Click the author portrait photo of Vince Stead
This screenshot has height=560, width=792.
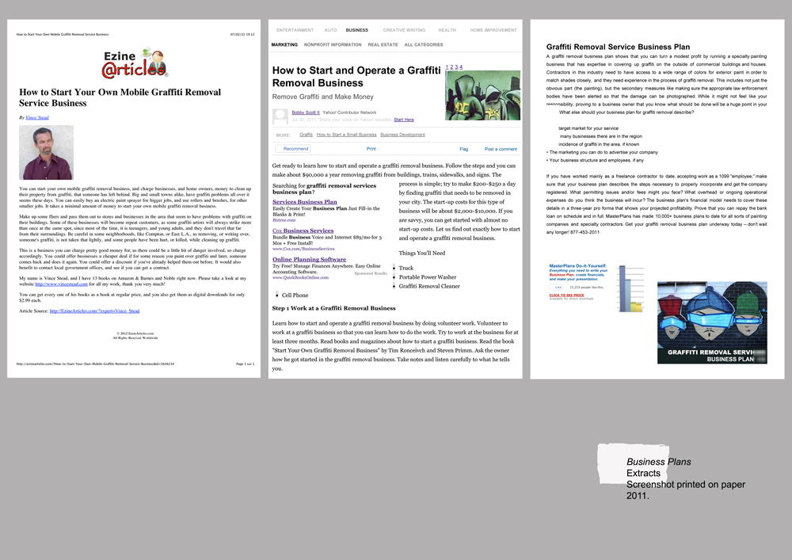point(46,152)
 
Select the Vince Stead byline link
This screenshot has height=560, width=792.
point(36,116)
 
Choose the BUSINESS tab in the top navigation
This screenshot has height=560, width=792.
point(356,30)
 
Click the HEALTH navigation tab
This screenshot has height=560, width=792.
point(447,30)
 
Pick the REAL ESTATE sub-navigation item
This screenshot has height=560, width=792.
point(383,45)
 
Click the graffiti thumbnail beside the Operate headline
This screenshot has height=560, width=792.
point(482,95)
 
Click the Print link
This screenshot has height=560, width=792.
point(371,149)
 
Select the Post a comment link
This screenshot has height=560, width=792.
point(501,149)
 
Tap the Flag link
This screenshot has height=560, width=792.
point(463,149)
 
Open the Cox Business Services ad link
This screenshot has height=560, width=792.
point(303,230)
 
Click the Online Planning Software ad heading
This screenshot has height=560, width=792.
point(309,259)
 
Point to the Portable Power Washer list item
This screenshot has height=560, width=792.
point(428,277)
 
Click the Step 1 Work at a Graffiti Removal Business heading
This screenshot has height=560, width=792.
point(333,308)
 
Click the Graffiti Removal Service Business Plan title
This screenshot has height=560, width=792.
point(618,48)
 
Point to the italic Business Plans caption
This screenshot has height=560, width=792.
point(658,462)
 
